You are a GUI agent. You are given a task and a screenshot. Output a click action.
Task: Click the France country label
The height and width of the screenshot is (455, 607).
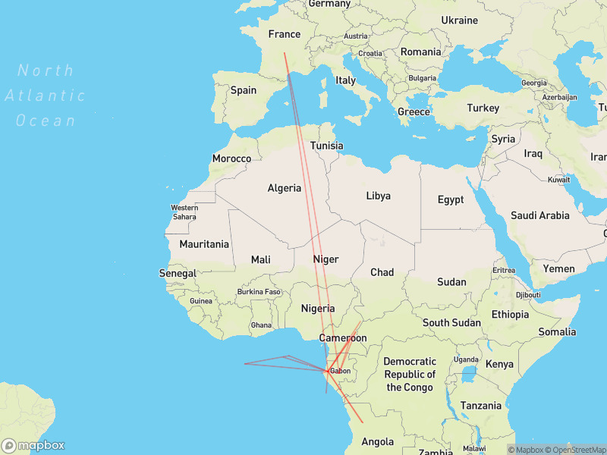[x=285, y=34]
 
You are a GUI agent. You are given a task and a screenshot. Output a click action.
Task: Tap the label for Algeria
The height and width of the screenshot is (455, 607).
[x=285, y=188]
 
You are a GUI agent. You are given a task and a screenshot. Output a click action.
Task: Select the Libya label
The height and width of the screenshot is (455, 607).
[x=379, y=196]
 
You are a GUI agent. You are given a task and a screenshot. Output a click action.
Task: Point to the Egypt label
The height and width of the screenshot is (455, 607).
[x=450, y=199]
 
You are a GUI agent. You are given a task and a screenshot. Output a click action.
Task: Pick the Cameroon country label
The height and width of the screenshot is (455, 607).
[x=342, y=338]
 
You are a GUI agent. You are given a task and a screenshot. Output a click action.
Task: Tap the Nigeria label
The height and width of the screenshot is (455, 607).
[x=318, y=308]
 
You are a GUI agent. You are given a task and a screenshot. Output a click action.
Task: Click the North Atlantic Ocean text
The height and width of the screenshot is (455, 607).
[x=46, y=96]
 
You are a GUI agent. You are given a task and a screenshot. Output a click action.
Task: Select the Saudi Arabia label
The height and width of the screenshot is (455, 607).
[x=539, y=215]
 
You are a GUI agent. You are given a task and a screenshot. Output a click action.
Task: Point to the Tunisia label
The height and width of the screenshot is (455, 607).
[x=327, y=146]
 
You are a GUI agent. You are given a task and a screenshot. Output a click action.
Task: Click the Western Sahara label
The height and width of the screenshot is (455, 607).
[x=184, y=212]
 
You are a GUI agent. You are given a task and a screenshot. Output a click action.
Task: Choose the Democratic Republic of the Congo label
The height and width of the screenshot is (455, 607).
[x=410, y=375]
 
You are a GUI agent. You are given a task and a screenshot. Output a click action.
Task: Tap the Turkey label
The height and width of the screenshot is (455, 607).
[x=483, y=108]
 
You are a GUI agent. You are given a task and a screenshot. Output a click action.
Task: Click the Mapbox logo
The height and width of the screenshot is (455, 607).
[x=33, y=446]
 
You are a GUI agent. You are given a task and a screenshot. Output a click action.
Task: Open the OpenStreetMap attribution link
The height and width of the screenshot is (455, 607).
[x=574, y=450]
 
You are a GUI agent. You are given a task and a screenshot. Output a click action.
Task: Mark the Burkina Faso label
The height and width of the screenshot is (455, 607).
[x=259, y=291]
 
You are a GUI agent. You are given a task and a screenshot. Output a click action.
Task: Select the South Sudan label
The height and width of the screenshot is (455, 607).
[x=451, y=322]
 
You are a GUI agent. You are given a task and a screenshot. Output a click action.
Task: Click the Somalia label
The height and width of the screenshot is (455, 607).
[x=558, y=331]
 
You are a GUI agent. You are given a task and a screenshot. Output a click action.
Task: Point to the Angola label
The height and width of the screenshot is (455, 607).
[x=377, y=441]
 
